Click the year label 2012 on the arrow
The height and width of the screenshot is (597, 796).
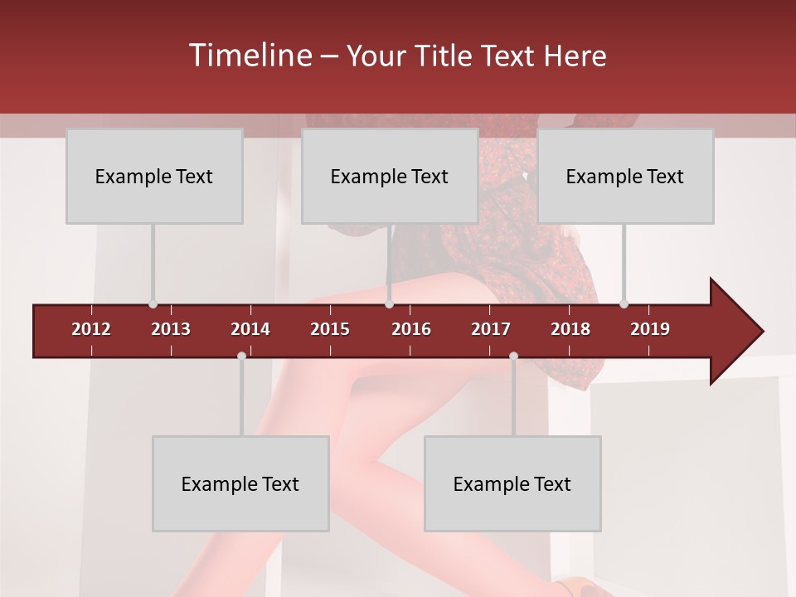pos(91,329)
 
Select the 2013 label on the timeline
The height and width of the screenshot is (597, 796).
pos(171,329)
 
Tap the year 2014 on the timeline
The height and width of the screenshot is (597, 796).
pos(250,329)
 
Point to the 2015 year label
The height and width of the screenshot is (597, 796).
pos(330,329)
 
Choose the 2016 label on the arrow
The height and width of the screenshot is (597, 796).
pos(411,329)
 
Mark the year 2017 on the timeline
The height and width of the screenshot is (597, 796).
pos(491,329)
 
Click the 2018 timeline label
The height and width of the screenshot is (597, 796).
pos(570,329)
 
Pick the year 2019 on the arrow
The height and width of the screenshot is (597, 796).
pos(650,329)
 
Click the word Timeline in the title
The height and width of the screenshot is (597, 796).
pos(249,56)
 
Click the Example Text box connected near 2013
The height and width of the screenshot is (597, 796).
pos(154,177)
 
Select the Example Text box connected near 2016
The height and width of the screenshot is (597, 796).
pos(390,177)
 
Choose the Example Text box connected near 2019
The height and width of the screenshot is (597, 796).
pos(625,177)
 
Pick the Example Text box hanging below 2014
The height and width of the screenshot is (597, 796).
pos(240,484)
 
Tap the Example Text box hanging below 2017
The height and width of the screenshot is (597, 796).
pos(512,484)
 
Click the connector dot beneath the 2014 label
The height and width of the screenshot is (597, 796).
pos(241,357)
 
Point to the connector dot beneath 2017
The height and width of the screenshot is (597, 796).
pos(513,357)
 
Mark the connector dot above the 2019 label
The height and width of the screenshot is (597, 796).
pos(624,303)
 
